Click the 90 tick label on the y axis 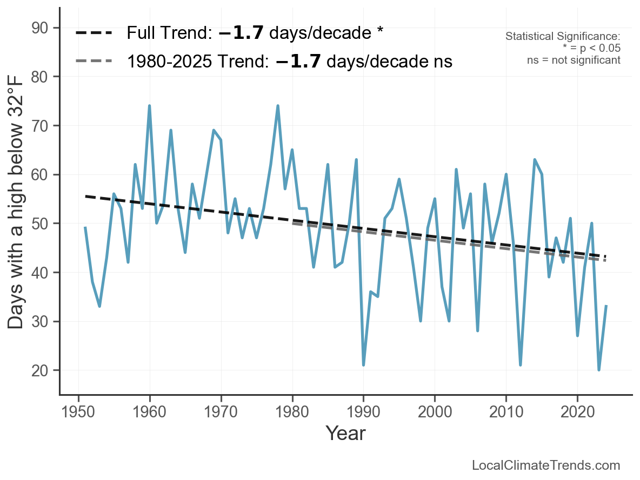point(39,28)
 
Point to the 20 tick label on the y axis point(39,370)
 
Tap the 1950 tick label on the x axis point(78,412)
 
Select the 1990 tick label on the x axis point(363,412)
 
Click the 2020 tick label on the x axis point(577,412)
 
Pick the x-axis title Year point(345,433)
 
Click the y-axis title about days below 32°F point(16,202)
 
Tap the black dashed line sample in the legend point(94,33)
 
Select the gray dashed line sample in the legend point(94,61)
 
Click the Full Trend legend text point(255,33)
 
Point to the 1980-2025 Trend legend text point(290,61)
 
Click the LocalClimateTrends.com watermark point(546,465)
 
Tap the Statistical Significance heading point(563,36)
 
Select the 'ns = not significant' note point(574,60)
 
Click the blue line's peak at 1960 point(149,106)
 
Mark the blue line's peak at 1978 point(277,106)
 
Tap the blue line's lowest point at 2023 point(599,370)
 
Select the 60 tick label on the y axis point(39,174)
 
